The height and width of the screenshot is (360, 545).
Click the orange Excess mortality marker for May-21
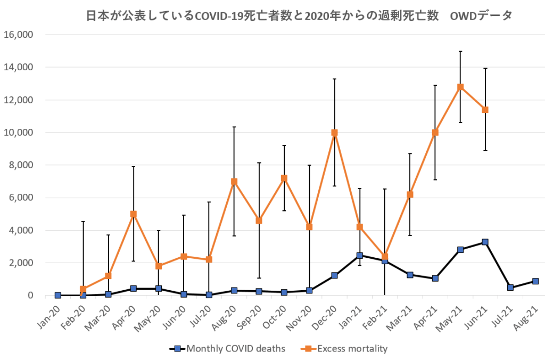(x=460, y=87)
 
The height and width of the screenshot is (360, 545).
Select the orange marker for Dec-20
(x=334, y=133)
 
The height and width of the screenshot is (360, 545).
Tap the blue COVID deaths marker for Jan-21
(x=360, y=256)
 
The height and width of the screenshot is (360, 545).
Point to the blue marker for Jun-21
(x=485, y=242)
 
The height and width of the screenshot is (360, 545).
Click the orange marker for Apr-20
(x=134, y=214)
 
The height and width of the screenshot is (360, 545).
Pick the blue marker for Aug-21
(x=535, y=281)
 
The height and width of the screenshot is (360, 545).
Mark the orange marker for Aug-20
(x=234, y=182)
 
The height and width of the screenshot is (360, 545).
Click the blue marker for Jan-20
(x=58, y=295)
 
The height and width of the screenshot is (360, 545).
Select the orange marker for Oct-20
(x=284, y=178)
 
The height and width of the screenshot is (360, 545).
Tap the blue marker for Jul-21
(x=510, y=288)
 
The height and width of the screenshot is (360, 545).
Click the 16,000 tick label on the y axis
(x=19, y=35)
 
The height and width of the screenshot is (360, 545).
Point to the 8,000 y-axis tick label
(x=21, y=165)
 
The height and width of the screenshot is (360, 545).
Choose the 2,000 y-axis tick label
(x=21, y=263)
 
